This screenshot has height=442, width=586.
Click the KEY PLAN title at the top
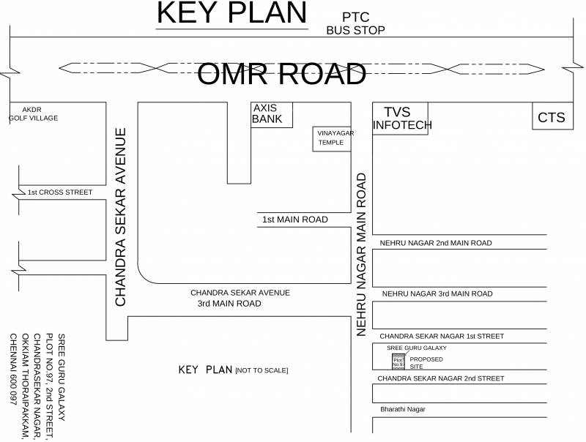tap(232, 14)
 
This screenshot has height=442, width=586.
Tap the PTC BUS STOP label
tap(355, 23)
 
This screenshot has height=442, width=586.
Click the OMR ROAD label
tap(282, 75)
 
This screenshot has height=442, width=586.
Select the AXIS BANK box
tap(272, 114)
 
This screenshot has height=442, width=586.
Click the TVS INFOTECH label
tap(402, 119)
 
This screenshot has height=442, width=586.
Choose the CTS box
tap(552, 117)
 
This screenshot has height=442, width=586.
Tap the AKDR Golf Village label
tap(33, 113)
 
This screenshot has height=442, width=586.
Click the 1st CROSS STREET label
tap(60, 192)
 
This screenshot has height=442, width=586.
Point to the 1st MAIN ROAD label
tap(294, 220)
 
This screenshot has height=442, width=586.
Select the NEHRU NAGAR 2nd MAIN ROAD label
tap(435, 243)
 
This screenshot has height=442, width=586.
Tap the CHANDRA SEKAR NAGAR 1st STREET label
tap(441, 336)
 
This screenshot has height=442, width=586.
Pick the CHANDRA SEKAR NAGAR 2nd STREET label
tap(441, 378)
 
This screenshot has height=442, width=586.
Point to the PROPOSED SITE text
tap(426, 363)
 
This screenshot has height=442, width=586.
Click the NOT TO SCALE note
tap(262, 371)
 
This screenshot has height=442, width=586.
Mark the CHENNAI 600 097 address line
tap(12, 370)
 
